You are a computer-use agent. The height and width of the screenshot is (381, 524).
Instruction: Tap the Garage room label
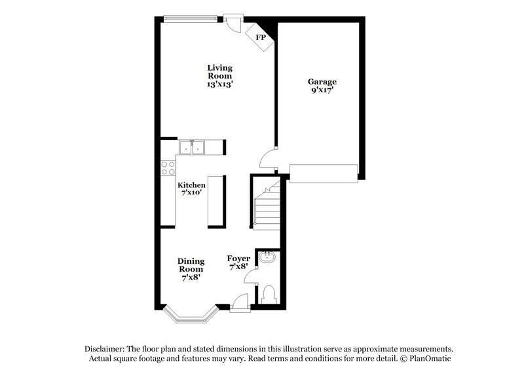(322, 82)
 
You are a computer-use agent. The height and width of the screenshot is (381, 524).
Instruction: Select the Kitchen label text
(192, 185)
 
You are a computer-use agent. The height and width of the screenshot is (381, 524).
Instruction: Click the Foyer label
(238, 259)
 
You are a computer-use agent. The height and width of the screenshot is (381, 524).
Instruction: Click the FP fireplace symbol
(260, 37)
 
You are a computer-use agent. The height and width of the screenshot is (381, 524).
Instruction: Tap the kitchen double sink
(193, 148)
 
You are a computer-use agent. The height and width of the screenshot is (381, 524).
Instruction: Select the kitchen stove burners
(167, 166)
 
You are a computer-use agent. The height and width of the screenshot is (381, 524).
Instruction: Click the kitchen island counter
(217, 201)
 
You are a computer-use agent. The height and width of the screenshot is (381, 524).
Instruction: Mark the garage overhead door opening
(323, 173)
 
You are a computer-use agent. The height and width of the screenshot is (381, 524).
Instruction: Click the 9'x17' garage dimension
(322, 90)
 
